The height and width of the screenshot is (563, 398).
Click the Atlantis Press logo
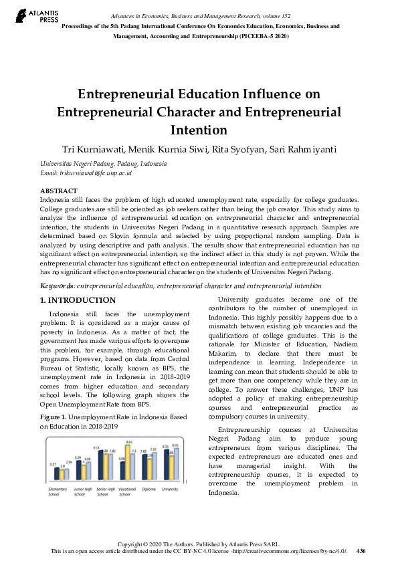31,15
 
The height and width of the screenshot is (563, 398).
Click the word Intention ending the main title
199,129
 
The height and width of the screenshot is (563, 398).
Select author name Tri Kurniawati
96,148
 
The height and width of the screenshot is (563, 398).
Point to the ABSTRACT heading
59,191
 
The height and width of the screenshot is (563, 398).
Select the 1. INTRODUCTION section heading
78,300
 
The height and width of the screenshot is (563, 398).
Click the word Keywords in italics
58,286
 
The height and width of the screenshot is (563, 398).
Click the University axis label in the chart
170,489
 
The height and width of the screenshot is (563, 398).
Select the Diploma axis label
148,489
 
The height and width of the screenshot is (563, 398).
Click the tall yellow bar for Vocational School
128,463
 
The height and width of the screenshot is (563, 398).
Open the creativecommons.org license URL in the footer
289,551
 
